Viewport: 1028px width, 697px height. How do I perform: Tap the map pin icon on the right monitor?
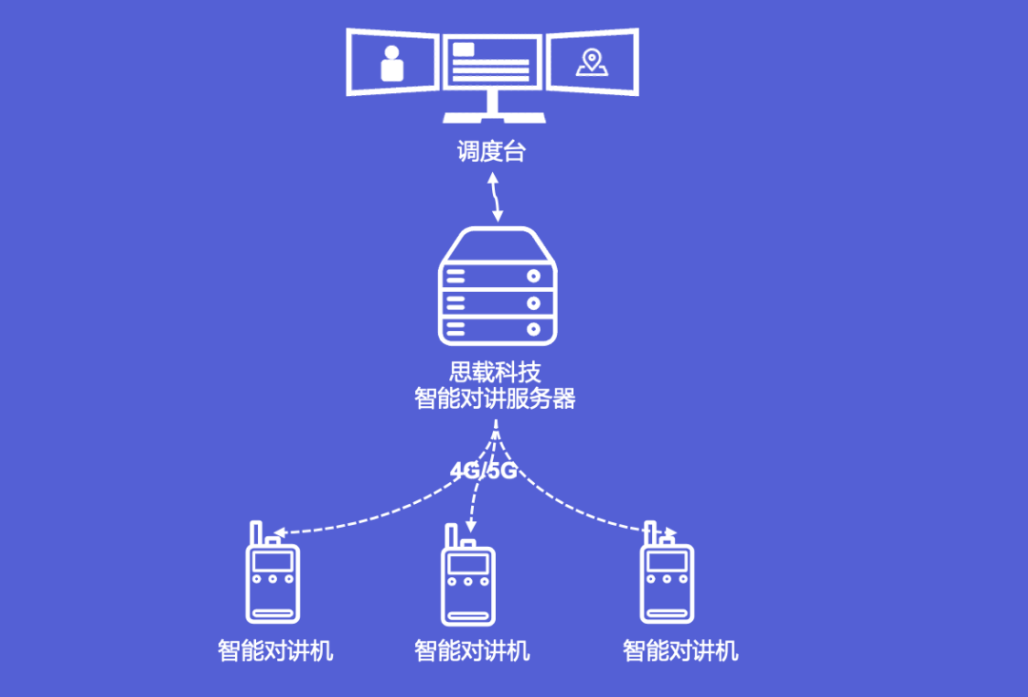click(x=591, y=63)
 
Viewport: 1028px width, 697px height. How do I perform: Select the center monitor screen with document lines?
click(x=492, y=61)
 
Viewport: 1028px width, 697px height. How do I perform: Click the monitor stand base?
click(x=493, y=118)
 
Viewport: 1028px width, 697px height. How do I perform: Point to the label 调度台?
click(x=491, y=151)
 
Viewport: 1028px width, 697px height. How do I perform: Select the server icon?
click(x=497, y=288)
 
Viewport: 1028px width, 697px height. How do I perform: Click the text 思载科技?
click(x=494, y=372)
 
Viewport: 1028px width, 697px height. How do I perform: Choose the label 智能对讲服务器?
click(x=495, y=398)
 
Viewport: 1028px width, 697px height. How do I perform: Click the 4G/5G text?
click(x=484, y=471)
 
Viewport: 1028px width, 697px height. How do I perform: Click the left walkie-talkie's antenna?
click(x=255, y=532)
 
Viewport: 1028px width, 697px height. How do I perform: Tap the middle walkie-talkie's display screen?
click(x=468, y=562)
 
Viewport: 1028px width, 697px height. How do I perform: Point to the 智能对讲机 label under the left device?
click(x=275, y=651)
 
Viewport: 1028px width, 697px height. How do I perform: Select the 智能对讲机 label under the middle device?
click(x=471, y=651)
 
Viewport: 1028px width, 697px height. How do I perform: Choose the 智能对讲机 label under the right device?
click(x=680, y=651)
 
